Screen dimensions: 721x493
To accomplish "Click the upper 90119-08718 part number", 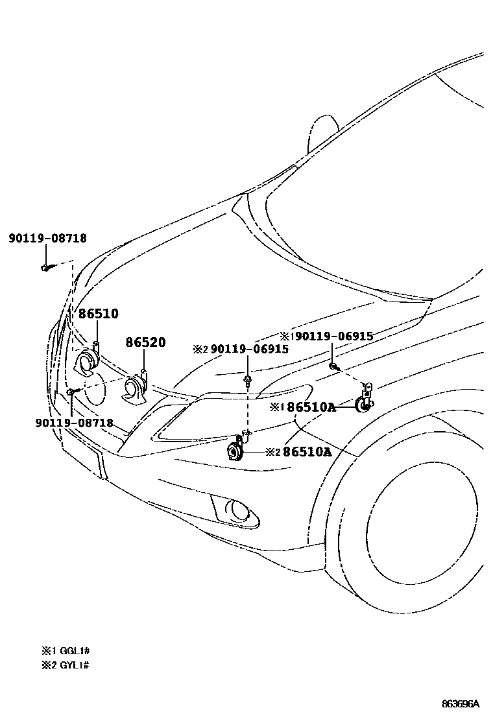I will (x=47, y=239).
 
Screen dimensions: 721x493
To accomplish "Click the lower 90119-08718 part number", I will (x=75, y=423).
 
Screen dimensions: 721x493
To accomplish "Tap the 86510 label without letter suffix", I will (x=99, y=314).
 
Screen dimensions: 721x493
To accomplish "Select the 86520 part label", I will (x=145, y=342).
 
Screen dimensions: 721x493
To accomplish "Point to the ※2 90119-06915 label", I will (x=241, y=349).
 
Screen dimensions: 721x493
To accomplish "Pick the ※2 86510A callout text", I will (x=298, y=451).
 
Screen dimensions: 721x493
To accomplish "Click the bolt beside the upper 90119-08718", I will (x=46, y=266).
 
